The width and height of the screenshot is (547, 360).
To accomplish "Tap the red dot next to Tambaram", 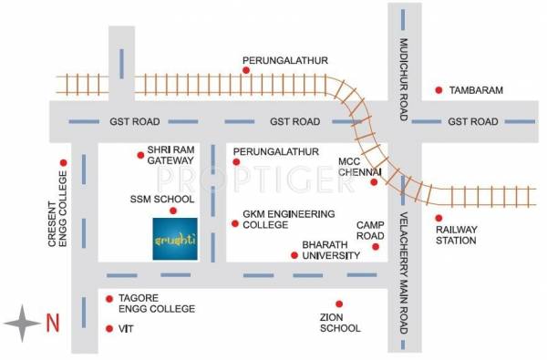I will click(x=439, y=89).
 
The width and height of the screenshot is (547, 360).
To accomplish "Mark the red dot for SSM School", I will click(x=172, y=211).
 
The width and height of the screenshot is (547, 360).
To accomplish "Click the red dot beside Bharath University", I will click(x=294, y=255).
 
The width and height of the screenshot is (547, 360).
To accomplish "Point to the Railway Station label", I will click(x=456, y=235).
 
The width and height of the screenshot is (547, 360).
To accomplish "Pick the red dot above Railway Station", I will click(x=439, y=217).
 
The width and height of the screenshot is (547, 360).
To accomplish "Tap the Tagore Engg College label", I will click(x=158, y=303).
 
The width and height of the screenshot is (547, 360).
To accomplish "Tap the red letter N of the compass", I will click(x=51, y=322).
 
